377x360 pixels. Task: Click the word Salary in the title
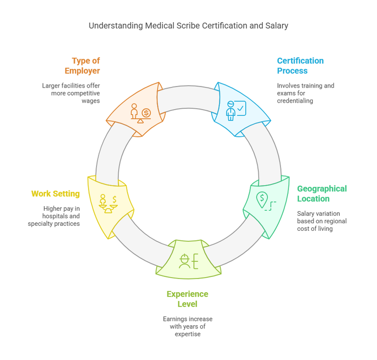pyautogui.click(x=276, y=26)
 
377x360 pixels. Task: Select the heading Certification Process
pyautogui.click(x=300, y=66)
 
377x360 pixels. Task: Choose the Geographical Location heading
pyautogui.click(x=322, y=194)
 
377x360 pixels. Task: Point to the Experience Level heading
pyautogui.click(x=187, y=299)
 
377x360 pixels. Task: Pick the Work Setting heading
pyautogui.click(x=55, y=194)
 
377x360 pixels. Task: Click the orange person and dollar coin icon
pyautogui.click(x=140, y=112)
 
